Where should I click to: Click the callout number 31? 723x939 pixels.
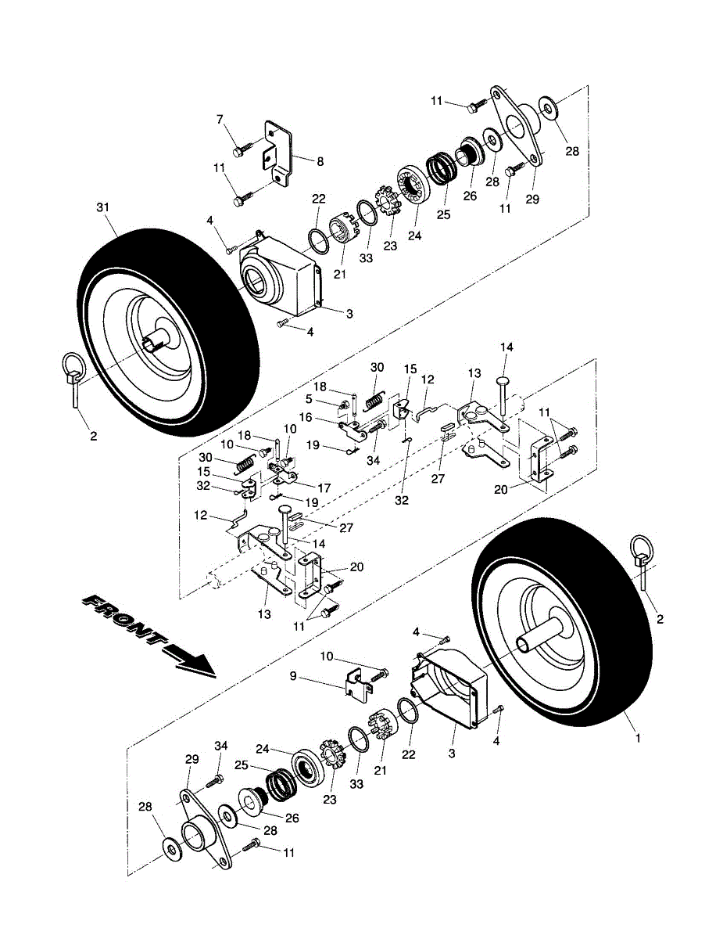click(102, 208)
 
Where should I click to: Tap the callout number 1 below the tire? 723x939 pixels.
click(638, 738)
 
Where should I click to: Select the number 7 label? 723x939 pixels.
click(220, 119)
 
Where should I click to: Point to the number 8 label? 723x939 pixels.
click(320, 162)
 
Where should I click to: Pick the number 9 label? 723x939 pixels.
click(294, 676)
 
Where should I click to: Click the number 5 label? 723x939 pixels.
click(309, 399)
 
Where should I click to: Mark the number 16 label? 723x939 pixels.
click(306, 417)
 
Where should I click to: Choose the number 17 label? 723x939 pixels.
click(324, 488)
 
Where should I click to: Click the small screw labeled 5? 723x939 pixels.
click(345, 405)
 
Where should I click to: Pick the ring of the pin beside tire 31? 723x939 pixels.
click(74, 365)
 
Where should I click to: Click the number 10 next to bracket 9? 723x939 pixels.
click(327, 657)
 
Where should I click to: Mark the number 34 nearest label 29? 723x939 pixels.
click(221, 746)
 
